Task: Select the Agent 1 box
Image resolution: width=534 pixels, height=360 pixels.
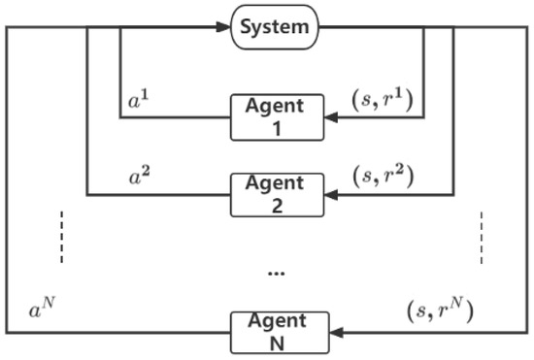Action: (276, 117)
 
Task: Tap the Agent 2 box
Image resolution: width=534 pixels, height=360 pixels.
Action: (276, 193)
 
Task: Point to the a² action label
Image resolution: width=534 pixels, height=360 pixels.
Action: (141, 177)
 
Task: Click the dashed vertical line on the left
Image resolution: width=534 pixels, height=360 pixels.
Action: (61, 236)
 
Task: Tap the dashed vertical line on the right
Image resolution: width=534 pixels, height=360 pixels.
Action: (480, 236)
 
